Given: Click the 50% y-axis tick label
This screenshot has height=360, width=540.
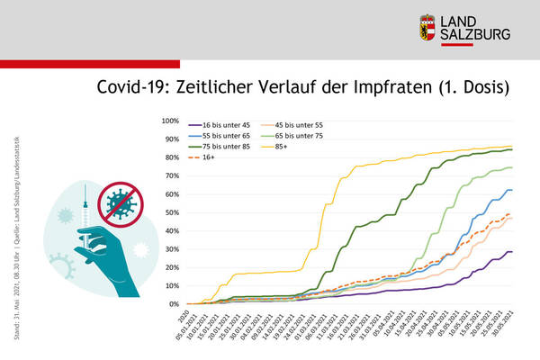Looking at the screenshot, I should [x=173, y=212].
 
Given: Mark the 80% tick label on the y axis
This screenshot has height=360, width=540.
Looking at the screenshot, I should [x=173, y=157].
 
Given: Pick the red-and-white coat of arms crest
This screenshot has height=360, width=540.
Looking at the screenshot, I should [x=428, y=27].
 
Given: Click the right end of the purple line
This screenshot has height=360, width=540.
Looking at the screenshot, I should [x=511, y=252].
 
